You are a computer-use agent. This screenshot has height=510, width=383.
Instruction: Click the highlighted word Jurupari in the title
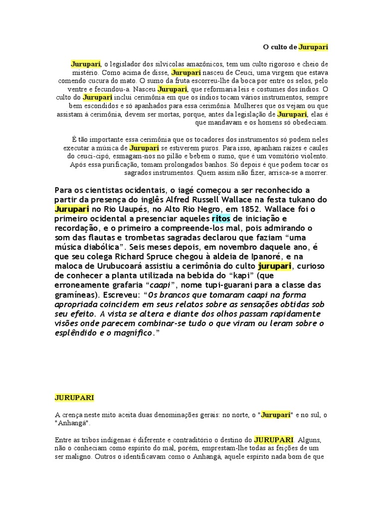pos(313,47)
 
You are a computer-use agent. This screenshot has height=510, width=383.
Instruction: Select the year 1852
pos(255,209)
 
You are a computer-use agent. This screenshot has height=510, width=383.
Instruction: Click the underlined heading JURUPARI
pos(74,398)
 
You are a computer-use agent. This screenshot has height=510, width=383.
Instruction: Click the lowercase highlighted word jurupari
pos(274,266)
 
